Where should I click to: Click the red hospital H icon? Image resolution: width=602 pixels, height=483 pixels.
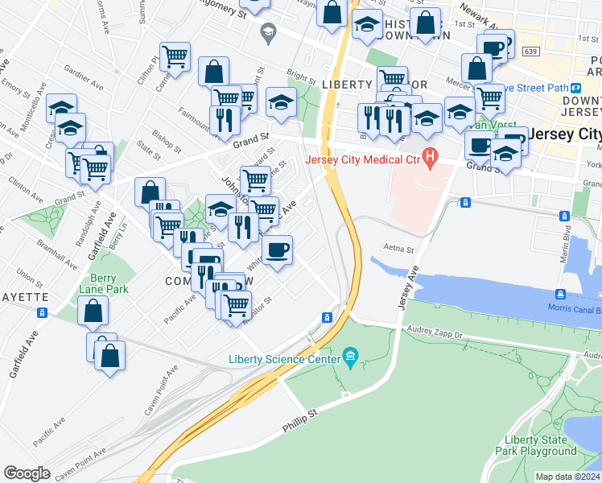[x=431, y=157]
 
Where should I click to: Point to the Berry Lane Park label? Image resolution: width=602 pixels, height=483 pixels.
[x=104, y=283]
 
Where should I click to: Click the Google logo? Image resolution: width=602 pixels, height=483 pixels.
[x=27, y=473]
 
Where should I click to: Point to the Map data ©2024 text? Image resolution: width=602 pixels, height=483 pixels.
[x=568, y=477]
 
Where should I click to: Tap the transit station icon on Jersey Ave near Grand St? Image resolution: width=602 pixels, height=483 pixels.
[x=464, y=202]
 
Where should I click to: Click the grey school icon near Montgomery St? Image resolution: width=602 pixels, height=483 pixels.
[x=267, y=33]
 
